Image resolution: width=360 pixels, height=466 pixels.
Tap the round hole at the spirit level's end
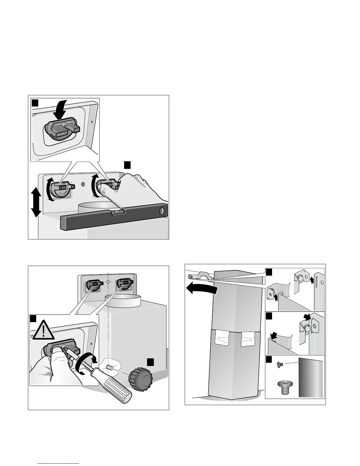click(x=161, y=211)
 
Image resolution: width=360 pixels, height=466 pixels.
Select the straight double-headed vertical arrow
click(x=35, y=203)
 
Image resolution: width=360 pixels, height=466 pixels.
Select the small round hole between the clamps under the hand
click(x=83, y=184)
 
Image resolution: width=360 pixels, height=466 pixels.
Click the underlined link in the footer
click(x=58, y=464)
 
